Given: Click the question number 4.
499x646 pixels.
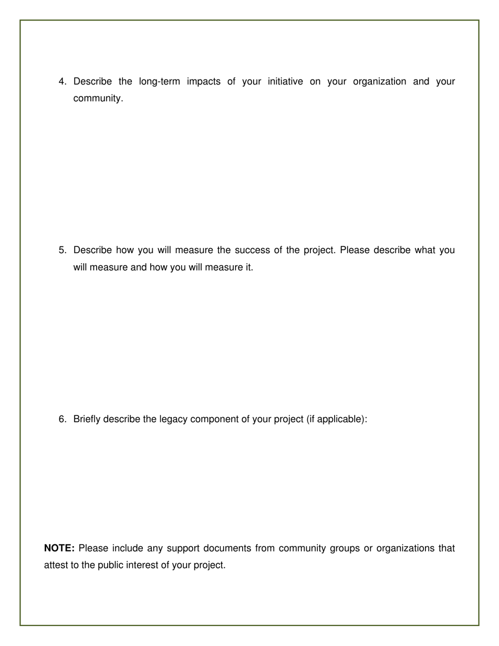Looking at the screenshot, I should pos(63,81).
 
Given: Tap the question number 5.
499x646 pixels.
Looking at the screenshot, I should pos(63,250).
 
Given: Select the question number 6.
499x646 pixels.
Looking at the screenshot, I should pos(63,419).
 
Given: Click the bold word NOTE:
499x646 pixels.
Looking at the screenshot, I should pos(59,548).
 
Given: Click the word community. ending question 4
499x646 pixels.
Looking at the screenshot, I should pos(98,98).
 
